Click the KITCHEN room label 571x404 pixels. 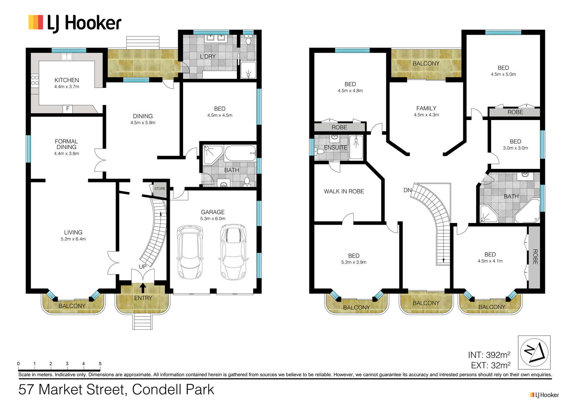(x=66, y=80)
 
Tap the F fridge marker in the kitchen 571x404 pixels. (x=68, y=109)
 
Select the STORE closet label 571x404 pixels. (x=160, y=189)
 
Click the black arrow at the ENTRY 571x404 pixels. (x=143, y=288)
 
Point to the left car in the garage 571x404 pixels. (x=190, y=252)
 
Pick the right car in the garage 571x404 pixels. (x=233, y=252)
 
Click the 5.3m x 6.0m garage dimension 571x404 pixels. (x=213, y=219)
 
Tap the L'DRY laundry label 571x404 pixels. (x=208, y=56)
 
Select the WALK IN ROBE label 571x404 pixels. (x=344, y=191)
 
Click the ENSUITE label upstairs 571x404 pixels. (x=335, y=148)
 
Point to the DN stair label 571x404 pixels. (x=407, y=190)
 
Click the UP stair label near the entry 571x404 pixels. (x=143, y=267)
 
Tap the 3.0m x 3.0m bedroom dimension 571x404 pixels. (x=515, y=148)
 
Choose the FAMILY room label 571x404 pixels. (x=426, y=109)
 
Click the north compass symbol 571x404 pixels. (x=534, y=353)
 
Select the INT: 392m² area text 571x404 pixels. (x=489, y=355)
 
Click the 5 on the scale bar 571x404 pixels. (x=100, y=363)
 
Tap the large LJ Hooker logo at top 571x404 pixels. (x=75, y=24)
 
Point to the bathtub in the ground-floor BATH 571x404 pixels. (x=240, y=153)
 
